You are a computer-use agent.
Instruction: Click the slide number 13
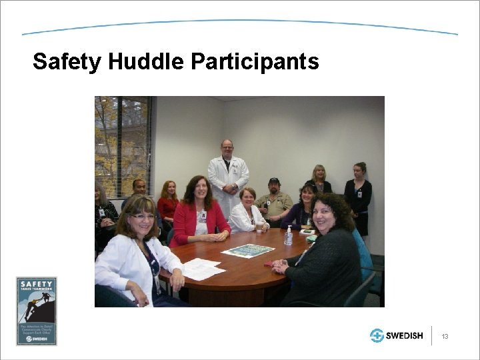point(445,336)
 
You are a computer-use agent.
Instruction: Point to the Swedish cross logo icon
point(377,335)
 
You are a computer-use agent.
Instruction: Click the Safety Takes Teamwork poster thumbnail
point(37,311)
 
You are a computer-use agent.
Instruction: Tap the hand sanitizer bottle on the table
point(289,235)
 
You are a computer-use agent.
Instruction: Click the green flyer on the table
point(247,251)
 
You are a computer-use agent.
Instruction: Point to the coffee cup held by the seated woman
point(259,227)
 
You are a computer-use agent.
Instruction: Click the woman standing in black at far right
point(359,193)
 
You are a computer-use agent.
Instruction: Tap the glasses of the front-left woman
point(142,217)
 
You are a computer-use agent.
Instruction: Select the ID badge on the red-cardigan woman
point(202,216)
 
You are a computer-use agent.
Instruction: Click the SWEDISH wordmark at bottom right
point(405,335)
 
